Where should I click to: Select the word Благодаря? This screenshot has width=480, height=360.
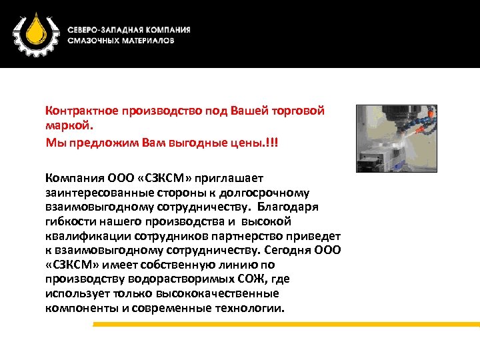(x=293, y=207)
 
